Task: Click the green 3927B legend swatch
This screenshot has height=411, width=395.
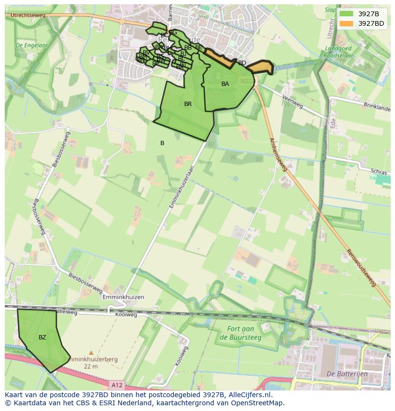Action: pos(347,14)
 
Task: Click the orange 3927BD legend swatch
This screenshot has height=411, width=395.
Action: pos(347,23)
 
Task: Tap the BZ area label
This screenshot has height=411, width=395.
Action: pos(42,337)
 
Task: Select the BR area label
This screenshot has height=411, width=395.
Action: pos(188,104)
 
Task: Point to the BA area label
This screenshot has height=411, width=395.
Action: pos(225,84)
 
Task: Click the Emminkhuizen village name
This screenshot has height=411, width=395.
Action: pos(123,297)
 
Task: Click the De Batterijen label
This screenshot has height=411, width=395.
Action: pos(347,374)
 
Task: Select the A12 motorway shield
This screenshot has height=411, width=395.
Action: pos(116,384)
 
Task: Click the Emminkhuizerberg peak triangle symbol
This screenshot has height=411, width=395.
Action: pos(91,353)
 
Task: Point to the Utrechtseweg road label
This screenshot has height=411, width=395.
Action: pos(25,16)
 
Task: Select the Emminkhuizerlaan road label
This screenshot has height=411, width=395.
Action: pos(182,187)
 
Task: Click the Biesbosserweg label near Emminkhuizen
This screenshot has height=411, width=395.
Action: pos(85,283)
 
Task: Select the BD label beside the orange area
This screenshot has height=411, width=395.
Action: pos(242,63)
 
